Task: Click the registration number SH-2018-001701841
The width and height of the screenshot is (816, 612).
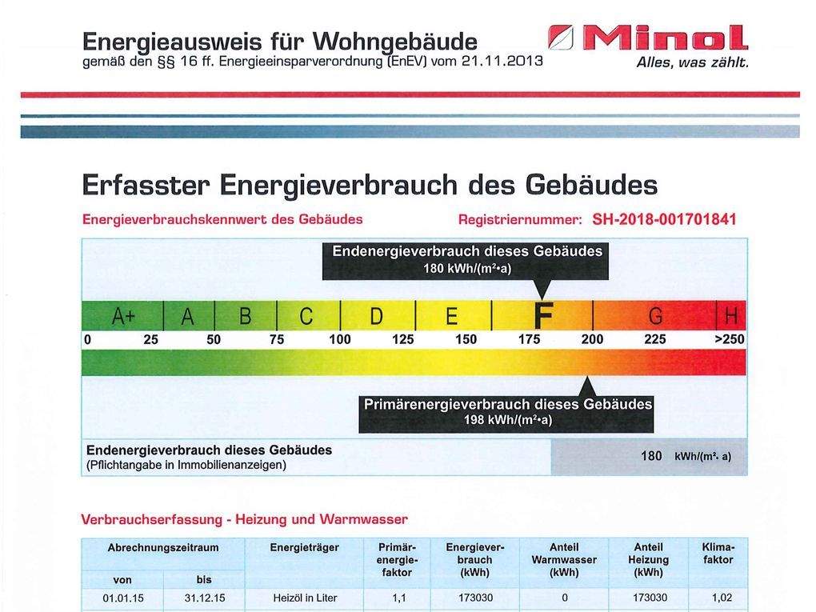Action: pos(663,219)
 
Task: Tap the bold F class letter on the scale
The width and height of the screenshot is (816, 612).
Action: pos(543,316)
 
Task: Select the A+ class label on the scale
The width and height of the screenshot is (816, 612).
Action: pos(123,317)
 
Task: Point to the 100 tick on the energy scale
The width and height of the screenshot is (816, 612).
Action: pos(340,339)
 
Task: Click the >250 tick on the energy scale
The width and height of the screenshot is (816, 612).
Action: pos(729,339)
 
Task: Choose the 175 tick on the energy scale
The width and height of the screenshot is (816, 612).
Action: pos(529,339)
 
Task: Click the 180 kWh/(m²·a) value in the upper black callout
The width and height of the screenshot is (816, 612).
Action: pos(466,268)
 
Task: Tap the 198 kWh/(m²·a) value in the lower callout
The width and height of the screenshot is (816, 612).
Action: pos(508,420)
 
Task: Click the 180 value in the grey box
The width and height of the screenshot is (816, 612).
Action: pos(651,455)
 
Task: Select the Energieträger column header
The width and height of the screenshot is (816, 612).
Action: pos(304,548)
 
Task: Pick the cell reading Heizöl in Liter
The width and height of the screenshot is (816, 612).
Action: pos(304,598)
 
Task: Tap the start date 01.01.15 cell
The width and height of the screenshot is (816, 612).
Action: pos(122,598)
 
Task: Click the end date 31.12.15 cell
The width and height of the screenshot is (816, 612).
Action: pos(204,598)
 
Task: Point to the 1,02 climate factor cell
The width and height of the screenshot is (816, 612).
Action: pos(718,598)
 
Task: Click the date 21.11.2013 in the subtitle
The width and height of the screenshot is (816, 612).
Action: pos(497,60)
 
